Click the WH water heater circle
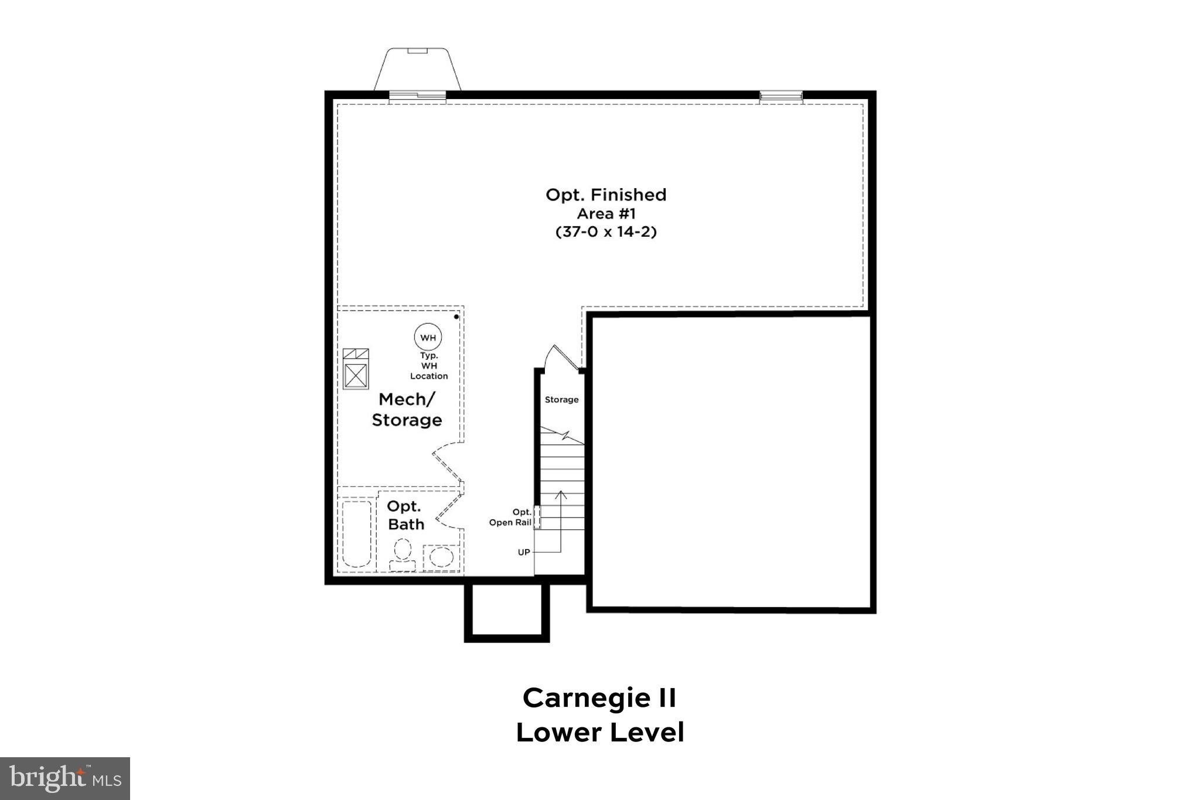pyautogui.click(x=428, y=337)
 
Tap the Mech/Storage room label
pyautogui.click(x=407, y=410)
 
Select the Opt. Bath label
pyautogui.click(x=405, y=515)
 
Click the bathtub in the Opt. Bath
pyautogui.click(x=356, y=533)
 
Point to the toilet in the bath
pyautogui.click(x=403, y=554)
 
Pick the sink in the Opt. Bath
pyautogui.click(x=441, y=557)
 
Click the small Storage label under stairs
pyautogui.click(x=561, y=400)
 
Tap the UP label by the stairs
pyautogui.click(x=524, y=552)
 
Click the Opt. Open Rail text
pyautogui.click(x=511, y=518)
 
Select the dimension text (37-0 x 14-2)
pyautogui.click(x=606, y=232)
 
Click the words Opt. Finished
pyautogui.click(x=606, y=195)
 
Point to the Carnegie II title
pyautogui.click(x=599, y=698)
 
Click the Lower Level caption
pyautogui.click(x=599, y=733)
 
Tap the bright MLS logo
pyautogui.click(x=65, y=778)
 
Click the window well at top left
pyautogui.click(x=417, y=70)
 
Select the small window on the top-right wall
pyautogui.click(x=780, y=97)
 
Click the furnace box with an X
pyautogui.click(x=356, y=375)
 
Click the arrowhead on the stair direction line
pyautogui.click(x=561, y=494)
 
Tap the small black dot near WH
pyautogui.click(x=456, y=317)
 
